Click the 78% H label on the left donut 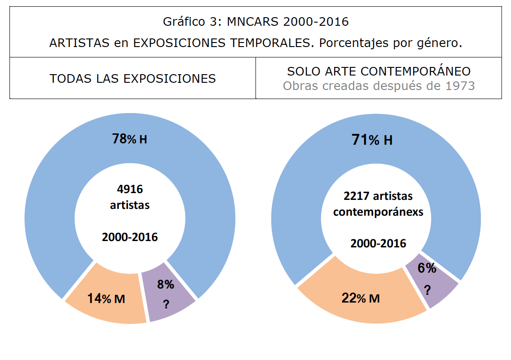pyautogui.click(x=129, y=139)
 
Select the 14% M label pyautogui.click(x=106, y=298)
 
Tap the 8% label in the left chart pyautogui.click(x=166, y=284)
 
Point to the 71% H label pyautogui.click(x=372, y=140)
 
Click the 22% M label pyautogui.click(x=360, y=298)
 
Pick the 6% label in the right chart pyautogui.click(x=426, y=268)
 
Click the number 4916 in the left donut pyautogui.click(x=130, y=189)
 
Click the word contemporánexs pyautogui.click(x=378, y=212)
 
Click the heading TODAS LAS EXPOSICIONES pyautogui.click(x=132, y=78)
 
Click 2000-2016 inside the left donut pyautogui.click(x=130, y=237)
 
